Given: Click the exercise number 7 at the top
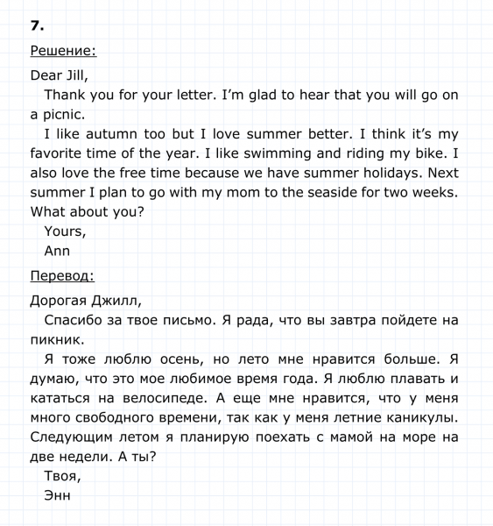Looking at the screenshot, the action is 36,25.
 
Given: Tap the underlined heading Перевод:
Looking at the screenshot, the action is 62,276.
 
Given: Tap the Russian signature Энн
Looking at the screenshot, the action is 57,495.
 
